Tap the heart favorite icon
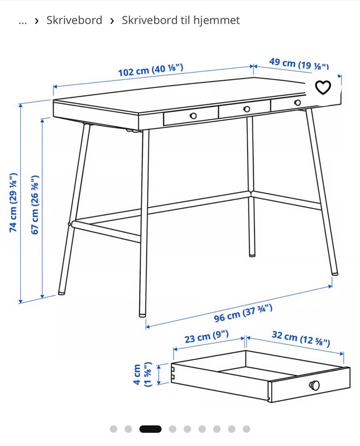coord(323,87)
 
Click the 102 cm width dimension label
coord(150,70)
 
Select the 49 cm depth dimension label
coord(299,64)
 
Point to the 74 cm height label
coord(13,202)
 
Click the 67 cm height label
coord(35,205)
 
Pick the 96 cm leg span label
coord(243,313)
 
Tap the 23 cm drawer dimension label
coord(207,337)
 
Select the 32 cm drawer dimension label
coord(301,338)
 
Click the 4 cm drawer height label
coord(142,374)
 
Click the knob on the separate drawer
coord(315,385)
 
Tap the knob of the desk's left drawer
coord(193,116)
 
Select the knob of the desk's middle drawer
coord(247,109)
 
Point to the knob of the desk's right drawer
coord(297,103)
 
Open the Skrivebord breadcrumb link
coord(74,20)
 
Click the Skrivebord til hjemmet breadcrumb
coord(181,20)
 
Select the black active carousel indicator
coord(150,429)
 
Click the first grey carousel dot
coord(114,429)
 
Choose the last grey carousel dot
coord(246,429)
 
